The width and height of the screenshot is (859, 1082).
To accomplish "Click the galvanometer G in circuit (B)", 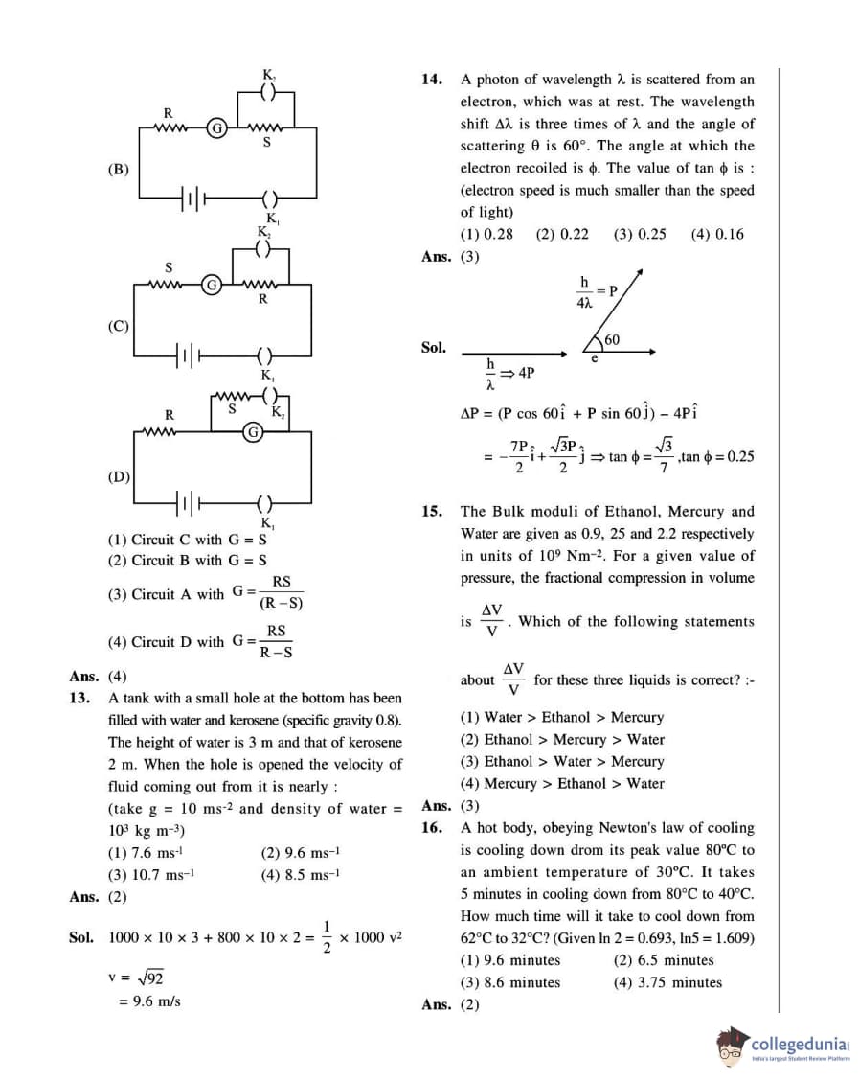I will point(217,127).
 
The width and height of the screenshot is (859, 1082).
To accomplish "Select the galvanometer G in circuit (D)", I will point(253,432).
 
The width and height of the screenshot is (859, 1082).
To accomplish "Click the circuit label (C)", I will point(118,325).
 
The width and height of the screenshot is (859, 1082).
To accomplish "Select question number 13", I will point(80,698).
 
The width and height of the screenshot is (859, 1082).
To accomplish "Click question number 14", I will point(432,80).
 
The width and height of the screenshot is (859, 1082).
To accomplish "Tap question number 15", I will point(432,512).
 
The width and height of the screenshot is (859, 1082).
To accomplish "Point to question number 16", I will point(432,827).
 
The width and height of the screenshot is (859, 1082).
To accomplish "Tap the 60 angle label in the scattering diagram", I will point(612,340).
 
